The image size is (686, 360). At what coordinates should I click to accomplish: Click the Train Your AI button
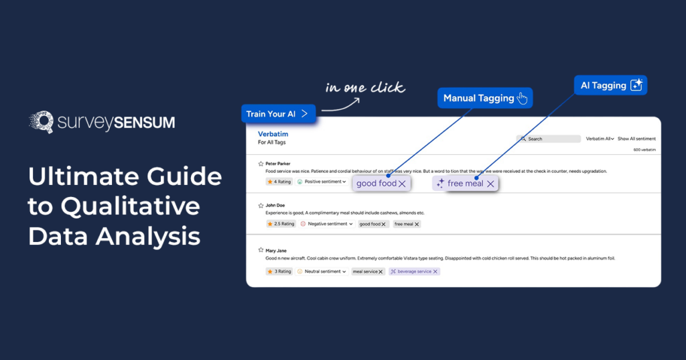(x=277, y=113)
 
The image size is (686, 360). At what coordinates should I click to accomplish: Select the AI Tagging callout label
(x=610, y=86)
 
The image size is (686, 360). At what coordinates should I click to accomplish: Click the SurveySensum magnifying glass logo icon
(x=42, y=122)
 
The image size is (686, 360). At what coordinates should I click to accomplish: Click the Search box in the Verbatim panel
(x=549, y=139)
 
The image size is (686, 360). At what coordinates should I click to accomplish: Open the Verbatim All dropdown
(x=600, y=139)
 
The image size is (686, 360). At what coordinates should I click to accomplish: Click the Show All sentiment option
(x=636, y=139)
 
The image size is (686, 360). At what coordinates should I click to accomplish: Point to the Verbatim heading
(x=273, y=134)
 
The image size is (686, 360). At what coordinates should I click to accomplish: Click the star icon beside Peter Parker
(x=261, y=163)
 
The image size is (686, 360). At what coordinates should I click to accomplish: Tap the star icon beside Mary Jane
(x=261, y=250)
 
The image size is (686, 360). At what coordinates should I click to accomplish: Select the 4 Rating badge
(x=279, y=182)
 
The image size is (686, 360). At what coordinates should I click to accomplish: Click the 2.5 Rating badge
(x=281, y=224)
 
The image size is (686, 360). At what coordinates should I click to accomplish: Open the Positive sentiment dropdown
(x=322, y=182)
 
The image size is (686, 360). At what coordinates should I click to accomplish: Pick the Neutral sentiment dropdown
(x=322, y=272)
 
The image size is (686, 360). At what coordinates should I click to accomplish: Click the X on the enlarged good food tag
(x=402, y=184)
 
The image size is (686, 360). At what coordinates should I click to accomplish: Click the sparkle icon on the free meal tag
(x=440, y=184)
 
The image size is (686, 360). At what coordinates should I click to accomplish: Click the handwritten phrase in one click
(x=365, y=88)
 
